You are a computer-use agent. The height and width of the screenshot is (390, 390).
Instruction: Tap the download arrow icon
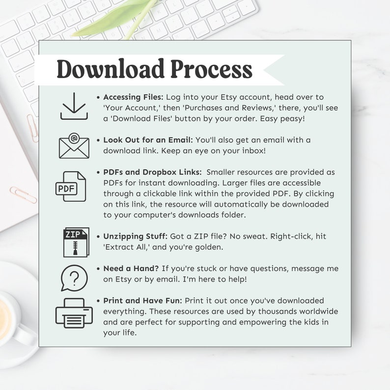(74, 106)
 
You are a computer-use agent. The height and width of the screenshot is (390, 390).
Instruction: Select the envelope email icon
(74, 146)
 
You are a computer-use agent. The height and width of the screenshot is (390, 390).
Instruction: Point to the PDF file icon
(70, 187)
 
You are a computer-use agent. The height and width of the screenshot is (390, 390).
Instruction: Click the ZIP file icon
(76, 242)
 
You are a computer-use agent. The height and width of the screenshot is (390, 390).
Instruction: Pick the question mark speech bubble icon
(74, 278)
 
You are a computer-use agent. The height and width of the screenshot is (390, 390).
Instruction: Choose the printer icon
(74, 312)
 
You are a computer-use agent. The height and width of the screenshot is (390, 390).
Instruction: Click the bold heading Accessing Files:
(133, 97)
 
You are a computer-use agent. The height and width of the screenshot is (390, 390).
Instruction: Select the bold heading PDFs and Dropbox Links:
(152, 172)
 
